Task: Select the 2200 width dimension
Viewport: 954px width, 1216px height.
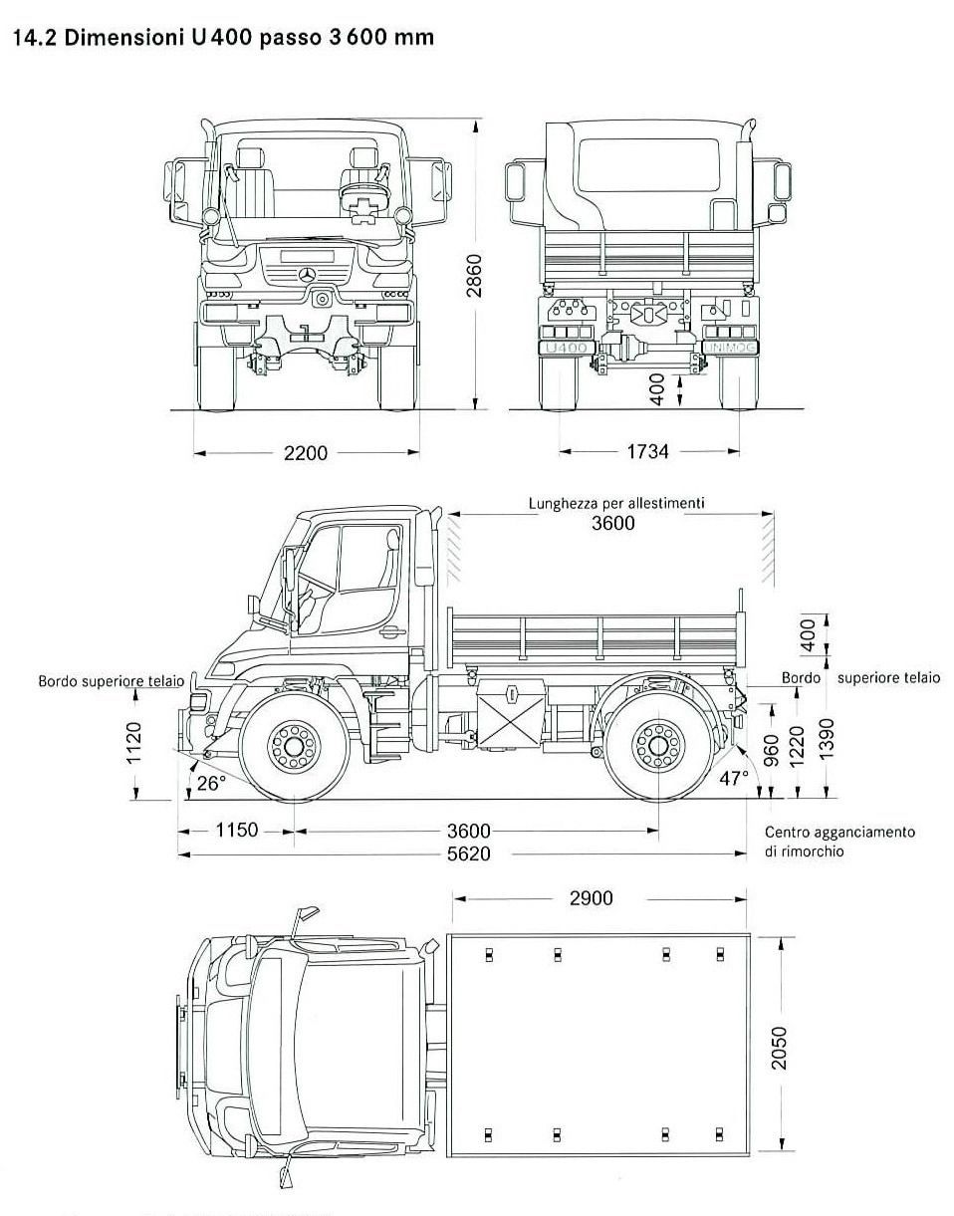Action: [305, 453]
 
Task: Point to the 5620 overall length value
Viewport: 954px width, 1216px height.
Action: [467, 853]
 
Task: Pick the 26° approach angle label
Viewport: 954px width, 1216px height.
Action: [210, 783]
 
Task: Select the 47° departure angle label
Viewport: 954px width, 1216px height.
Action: [734, 778]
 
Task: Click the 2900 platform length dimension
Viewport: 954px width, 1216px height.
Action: [591, 898]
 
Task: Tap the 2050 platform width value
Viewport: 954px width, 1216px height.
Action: [779, 1048]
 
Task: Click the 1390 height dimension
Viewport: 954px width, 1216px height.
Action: [826, 738]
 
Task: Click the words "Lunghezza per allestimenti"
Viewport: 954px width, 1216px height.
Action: [615, 503]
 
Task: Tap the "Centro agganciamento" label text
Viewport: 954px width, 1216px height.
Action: [838, 832]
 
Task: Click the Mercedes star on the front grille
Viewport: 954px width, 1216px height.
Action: [308, 274]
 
